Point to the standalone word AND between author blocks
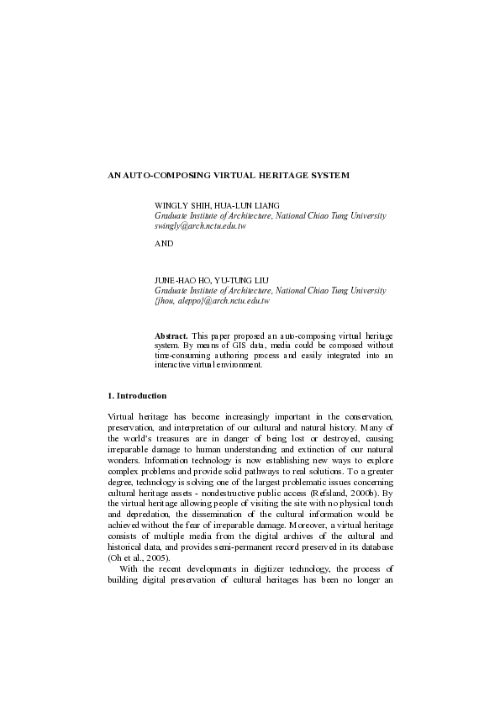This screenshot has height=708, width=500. click(164, 243)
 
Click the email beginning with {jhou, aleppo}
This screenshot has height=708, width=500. click(212, 300)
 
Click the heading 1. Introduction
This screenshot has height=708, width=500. click(138, 395)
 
